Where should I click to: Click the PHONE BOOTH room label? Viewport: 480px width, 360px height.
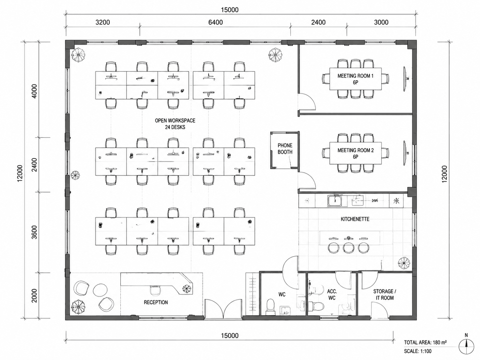[285, 149]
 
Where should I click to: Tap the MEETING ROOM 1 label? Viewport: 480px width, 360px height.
[355, 79]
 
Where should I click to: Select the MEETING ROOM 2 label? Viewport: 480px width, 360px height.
[356, 153]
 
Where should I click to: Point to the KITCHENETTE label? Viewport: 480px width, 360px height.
[355, 219]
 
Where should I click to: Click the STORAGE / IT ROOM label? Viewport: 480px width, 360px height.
[385, 294]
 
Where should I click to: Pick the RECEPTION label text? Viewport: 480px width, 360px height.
[156, 302]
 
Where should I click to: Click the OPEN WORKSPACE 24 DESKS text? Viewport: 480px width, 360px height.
[175, 124]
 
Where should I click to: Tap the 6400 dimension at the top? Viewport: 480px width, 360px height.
[215, 22]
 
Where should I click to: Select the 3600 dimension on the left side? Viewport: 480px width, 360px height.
[35, 232]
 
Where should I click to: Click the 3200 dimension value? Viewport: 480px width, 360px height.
[102, 22]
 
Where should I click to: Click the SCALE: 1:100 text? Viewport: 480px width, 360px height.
[418, 351]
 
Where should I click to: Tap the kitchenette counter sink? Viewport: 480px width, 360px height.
[334, 201]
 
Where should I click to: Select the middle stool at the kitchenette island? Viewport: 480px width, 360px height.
[348, 248]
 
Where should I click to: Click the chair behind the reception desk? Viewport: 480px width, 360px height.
[155, 290]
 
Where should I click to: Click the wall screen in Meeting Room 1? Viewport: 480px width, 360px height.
[405, 79]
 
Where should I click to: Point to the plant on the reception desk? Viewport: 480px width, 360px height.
[186, 289]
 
